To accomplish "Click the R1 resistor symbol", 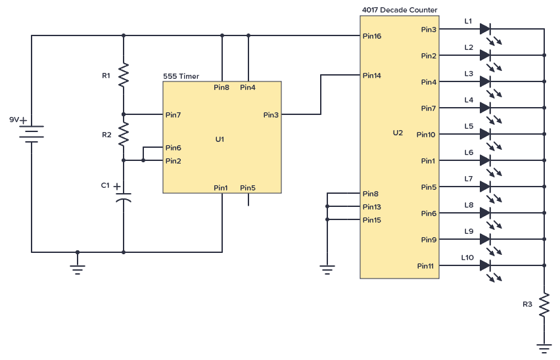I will point(124,76).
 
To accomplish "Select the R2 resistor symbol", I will point(124,135).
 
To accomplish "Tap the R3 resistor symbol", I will point(544,305).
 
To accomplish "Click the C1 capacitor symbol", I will point(124,196).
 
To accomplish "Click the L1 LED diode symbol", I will point(486,29).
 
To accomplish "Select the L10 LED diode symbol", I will point(486,265).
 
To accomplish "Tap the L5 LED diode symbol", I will point(486,134).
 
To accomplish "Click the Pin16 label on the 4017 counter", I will point(372,36).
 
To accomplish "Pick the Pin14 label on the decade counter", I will point(372,76).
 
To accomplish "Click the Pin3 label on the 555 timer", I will point(271,115).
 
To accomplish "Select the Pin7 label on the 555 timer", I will point(174,115).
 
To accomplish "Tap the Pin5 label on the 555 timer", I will point(248,188).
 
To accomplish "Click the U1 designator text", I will point(220,139).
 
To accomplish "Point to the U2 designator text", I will point(398,133).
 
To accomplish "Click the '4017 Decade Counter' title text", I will point(399,10).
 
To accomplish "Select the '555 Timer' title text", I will point(181,76).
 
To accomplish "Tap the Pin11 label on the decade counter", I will point(427,266).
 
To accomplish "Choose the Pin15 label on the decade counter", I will point(372,220).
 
